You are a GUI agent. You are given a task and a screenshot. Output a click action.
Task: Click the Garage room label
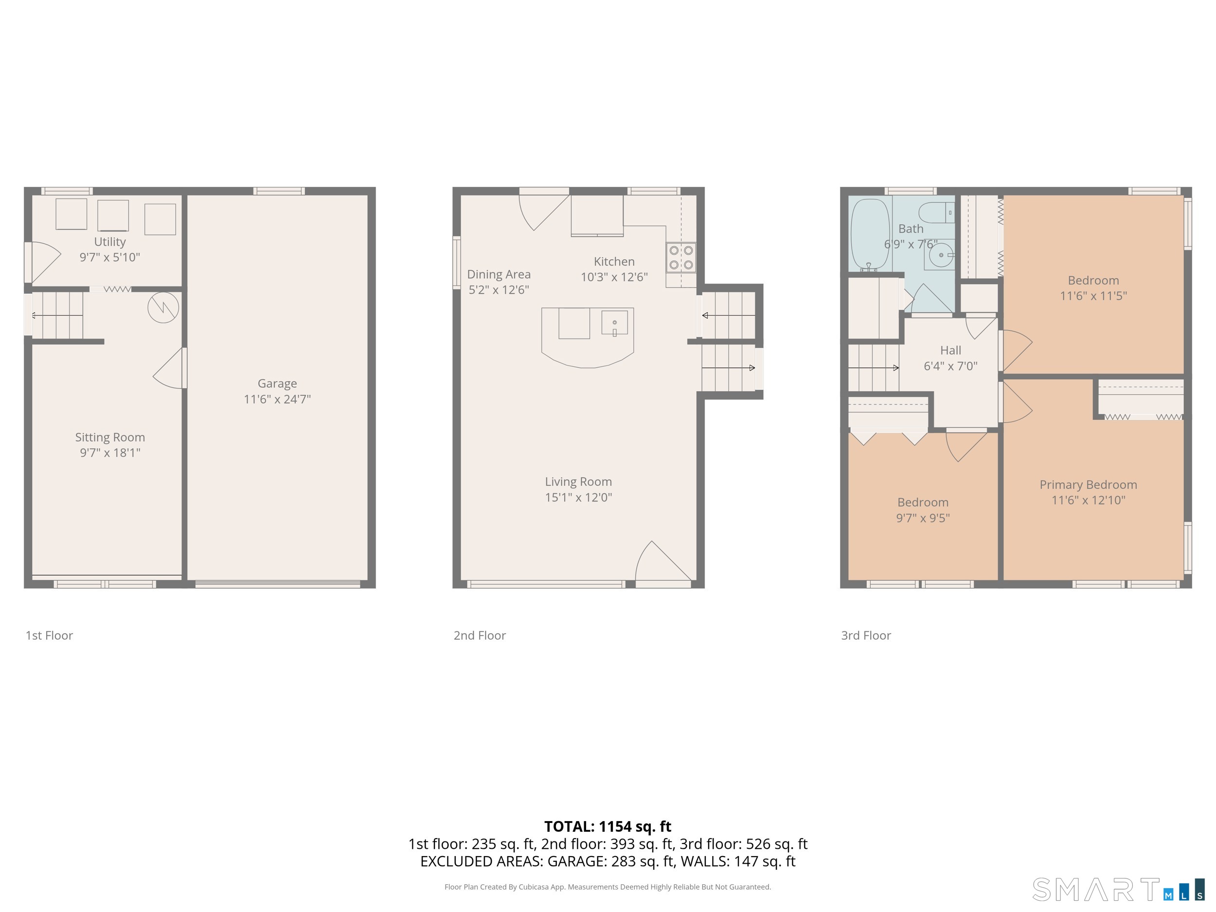click(277, 384)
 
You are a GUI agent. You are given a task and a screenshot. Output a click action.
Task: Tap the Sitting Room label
click(110, 438)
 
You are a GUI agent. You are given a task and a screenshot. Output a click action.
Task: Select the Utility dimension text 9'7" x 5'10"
click(110, 257)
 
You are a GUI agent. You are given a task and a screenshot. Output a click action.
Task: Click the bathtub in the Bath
click(870, 235)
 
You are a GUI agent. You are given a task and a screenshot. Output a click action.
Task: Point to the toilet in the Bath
click(937, 212)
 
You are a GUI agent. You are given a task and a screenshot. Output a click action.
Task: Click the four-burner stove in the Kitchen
click(681, 258)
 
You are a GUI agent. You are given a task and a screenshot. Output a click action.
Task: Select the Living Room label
click(578, 482)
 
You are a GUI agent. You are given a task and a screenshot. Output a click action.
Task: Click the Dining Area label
click(499, 274)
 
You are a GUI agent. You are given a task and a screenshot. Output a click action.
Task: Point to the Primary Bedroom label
click(1088, 485)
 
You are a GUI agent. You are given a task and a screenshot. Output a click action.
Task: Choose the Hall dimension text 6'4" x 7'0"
click(950, 366)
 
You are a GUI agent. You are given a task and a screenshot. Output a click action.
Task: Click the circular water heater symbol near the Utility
click(163, 307)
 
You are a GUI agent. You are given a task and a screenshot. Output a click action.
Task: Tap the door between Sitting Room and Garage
click(170, 368)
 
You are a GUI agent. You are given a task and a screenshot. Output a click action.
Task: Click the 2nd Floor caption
click(480, 636)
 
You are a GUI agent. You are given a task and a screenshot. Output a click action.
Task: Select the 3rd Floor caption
click(866, 636)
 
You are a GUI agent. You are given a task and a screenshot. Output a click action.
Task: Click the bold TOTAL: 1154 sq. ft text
click(608, 826)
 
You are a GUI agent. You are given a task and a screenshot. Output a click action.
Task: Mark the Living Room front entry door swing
click(663, 561)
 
